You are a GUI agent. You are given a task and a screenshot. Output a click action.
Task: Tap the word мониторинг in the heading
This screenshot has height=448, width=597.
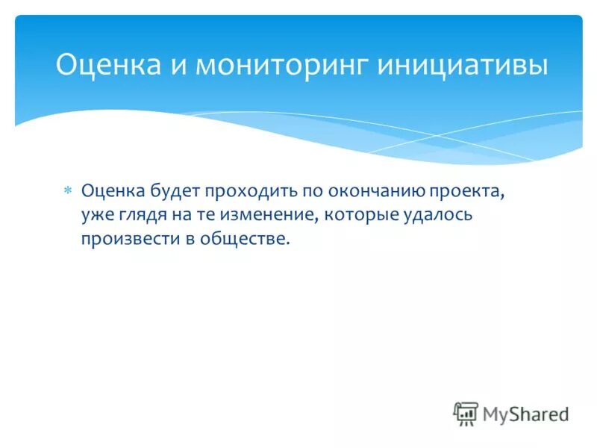click(x=281, y=66)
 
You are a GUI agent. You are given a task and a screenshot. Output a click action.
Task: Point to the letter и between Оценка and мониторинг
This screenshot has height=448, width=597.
click(x=178, y=66)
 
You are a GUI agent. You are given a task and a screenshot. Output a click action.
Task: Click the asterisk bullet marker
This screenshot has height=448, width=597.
click(x=67, y=191)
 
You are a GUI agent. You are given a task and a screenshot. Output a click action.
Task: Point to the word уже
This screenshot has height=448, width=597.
click(x=96, y=215)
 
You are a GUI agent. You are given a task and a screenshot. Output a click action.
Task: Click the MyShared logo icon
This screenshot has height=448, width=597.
click(x=466, y=413)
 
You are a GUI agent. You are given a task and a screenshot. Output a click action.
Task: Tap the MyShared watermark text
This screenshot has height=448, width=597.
click(x=525, y=414)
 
